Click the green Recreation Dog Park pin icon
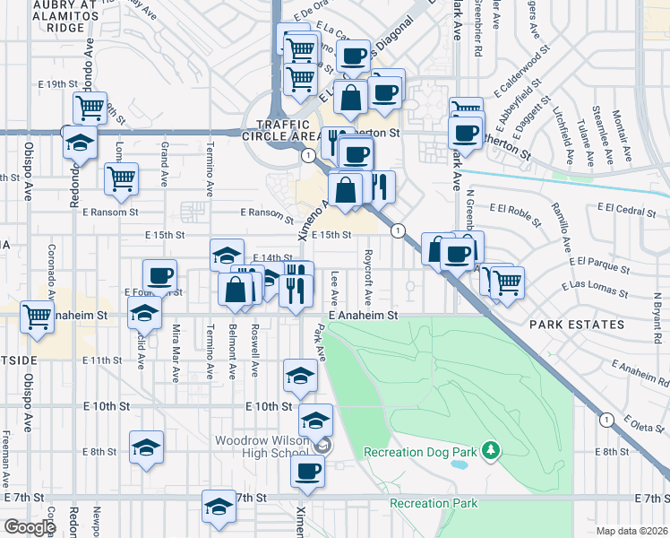490,448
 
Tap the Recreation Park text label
434,503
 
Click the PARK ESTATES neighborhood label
576,324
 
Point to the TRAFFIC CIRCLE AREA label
288,130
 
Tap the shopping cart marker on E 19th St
90,108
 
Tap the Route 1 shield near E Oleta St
606,419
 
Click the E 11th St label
100,360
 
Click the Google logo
30,527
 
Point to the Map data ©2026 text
631,531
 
